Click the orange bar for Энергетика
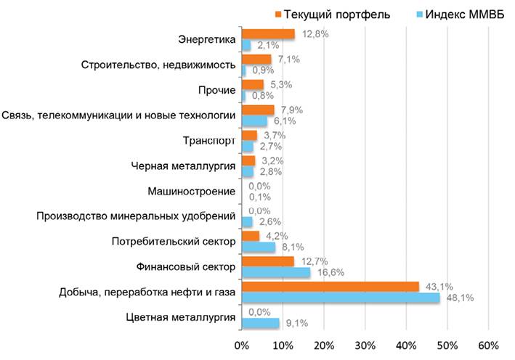coord(267,34)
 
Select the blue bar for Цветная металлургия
coord(259,322)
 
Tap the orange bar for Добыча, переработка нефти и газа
coord(330,287)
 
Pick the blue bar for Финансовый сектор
coord(275,272)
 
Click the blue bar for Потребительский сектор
coord(258,247)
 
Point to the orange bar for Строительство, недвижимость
coord(256,60)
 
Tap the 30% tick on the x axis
coord(365,343)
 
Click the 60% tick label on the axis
coord(488,343)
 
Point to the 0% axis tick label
coord(241,343)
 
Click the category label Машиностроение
coord(191,192)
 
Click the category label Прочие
coord(216,90)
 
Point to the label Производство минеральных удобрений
coord(136,216)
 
